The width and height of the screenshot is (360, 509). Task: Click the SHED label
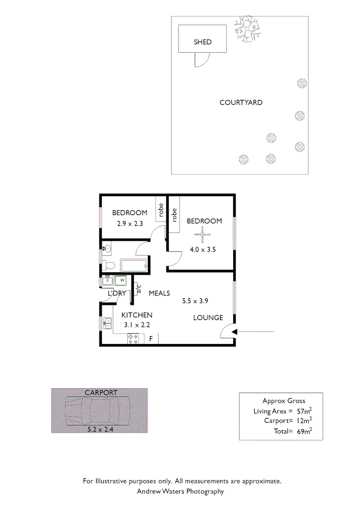(203, 42)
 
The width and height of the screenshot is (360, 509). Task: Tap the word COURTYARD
(241, 102)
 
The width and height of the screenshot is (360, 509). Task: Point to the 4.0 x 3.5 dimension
(203, 250)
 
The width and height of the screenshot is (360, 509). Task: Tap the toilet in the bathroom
(107, 265)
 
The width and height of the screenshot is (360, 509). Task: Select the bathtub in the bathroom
(135, 265)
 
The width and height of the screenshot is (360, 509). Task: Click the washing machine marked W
(122, 280)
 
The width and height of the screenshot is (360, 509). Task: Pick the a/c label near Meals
(139, 288)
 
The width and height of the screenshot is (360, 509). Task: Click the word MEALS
(159, 293)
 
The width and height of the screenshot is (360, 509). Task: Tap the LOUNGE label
(208, 318)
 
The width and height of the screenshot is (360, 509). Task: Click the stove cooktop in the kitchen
(133, 338)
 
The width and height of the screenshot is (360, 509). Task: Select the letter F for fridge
(151, 338)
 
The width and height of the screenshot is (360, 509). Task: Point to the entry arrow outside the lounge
(254, 332)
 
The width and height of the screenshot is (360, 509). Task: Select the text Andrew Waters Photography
(180, 492)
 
